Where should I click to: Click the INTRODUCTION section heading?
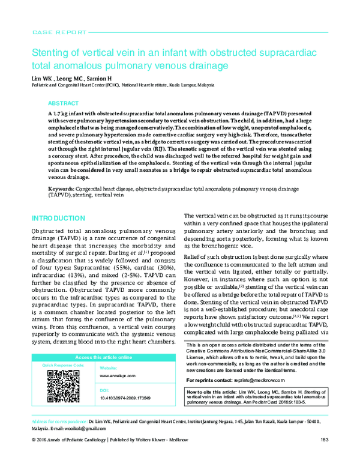click(58, 218)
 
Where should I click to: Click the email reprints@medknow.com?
click(254, 381)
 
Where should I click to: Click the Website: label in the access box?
click(109, 367)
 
